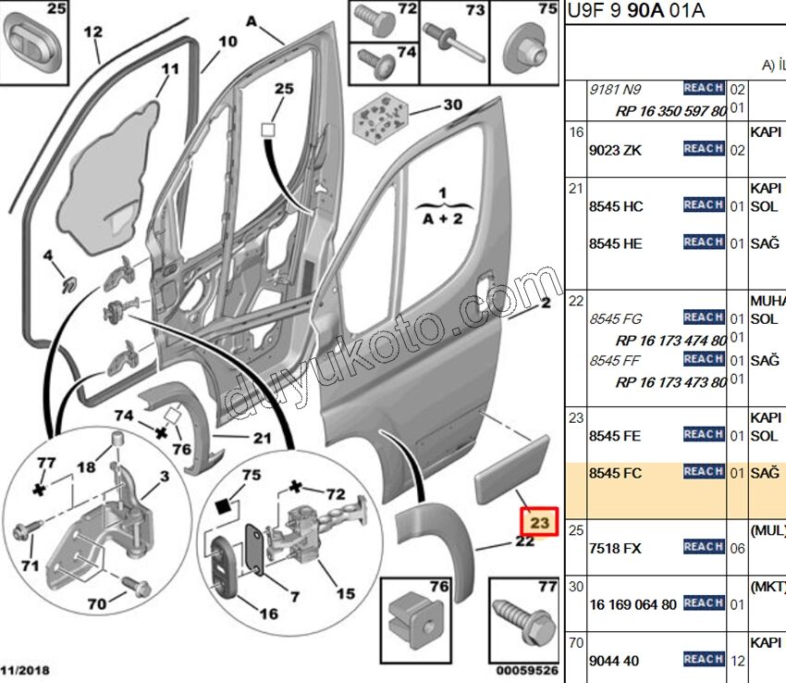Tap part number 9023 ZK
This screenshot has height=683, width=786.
[615, 150]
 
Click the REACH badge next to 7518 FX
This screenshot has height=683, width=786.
[703, 547]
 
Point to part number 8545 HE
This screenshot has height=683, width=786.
[616, 243]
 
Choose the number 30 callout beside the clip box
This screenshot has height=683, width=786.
[452, 105]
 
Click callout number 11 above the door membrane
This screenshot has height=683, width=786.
[169, 69]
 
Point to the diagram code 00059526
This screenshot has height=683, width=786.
[526, 670]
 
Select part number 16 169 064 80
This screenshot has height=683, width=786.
[633, 604]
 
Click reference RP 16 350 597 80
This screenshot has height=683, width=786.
[670, 111]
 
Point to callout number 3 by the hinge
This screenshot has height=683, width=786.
[163, 476]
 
